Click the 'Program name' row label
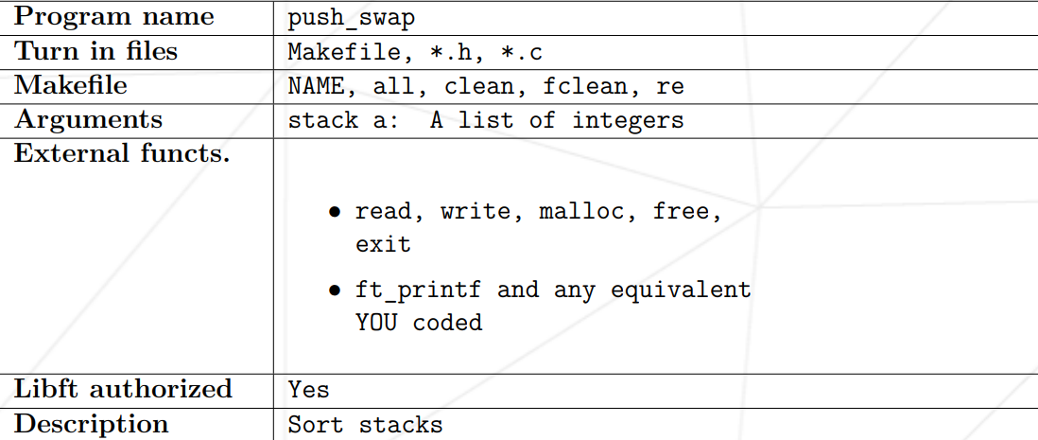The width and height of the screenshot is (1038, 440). click(114, 17)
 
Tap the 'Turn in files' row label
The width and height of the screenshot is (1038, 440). click(96, 52)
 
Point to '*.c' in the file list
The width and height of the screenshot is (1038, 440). click(521, 53)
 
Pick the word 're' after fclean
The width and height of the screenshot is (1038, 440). click(670, 87)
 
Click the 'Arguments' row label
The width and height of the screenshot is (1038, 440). click(89, 120)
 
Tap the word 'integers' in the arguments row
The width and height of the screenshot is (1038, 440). click(627, 121)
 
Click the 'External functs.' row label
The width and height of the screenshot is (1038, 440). click(122, 153)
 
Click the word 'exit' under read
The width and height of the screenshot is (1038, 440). click(383, 244)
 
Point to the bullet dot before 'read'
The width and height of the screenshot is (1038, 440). click(335, 212)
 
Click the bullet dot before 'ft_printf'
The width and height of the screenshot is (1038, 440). click(335, 290)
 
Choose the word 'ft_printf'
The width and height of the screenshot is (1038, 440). click(419, 290)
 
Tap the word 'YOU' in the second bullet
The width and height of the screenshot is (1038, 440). click(376, 323)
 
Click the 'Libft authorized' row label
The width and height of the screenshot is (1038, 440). click(123, 389)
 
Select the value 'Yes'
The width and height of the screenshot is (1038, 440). click(309, 390)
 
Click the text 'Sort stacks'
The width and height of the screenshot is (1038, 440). click(365, 425)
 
